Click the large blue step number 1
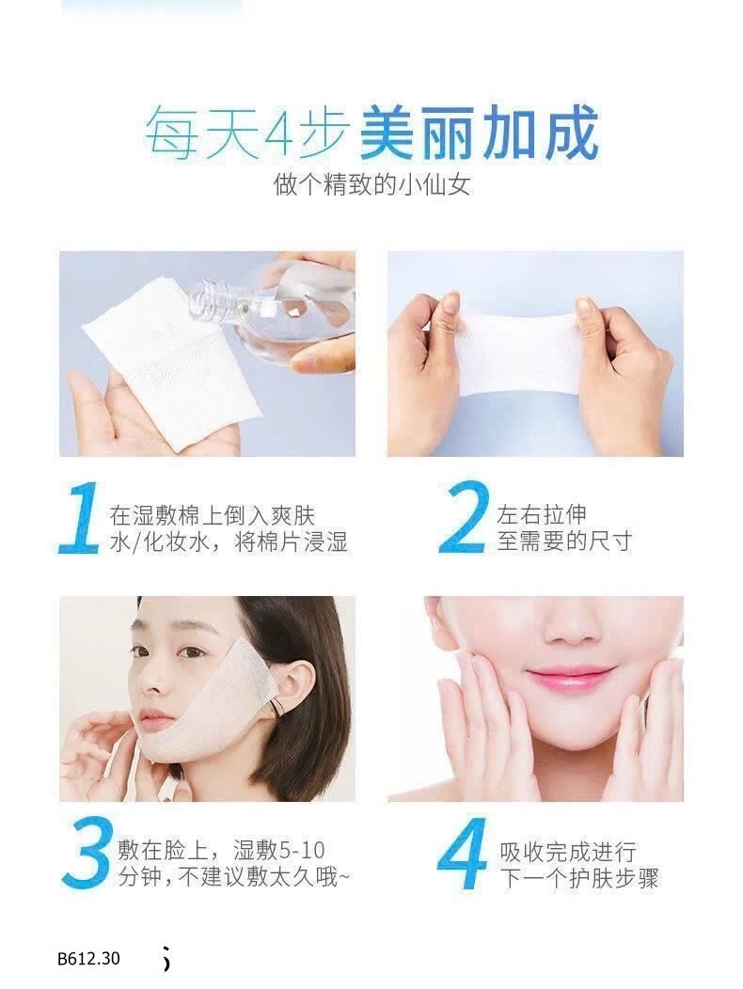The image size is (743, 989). (80, 518)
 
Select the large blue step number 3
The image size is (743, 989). (87, 854)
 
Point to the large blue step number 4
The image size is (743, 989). (463, 854)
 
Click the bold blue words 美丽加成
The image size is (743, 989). (479, 133)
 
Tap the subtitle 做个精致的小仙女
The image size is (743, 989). (372, 185)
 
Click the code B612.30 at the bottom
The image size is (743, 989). (88, 958)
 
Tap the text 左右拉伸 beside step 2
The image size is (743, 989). (543, 515)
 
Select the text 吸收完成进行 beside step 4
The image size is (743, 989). (567, 852)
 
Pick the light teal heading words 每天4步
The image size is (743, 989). (246, 133)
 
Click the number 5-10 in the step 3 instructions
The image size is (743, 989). (301, 851)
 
